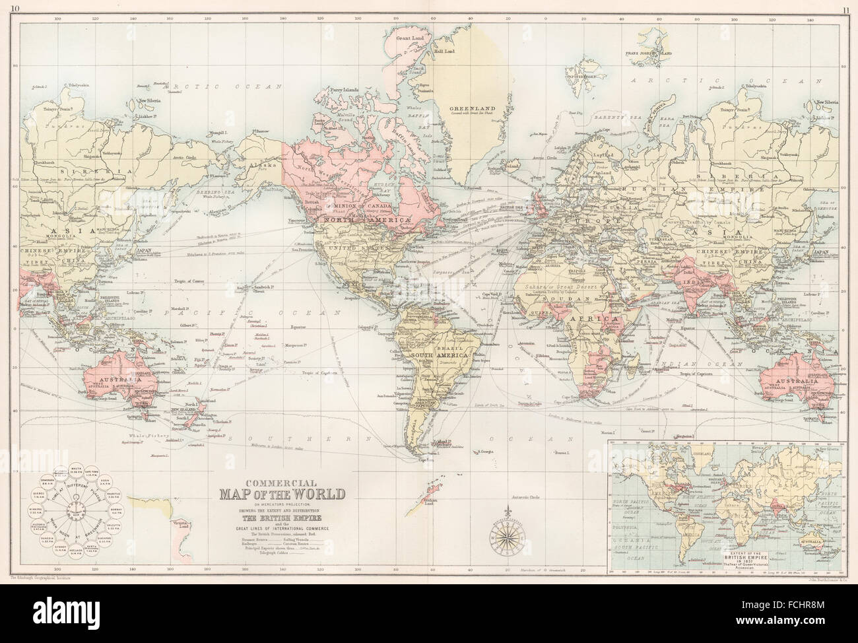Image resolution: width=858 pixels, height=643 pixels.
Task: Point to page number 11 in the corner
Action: pyautogui.click(x=845, y=8)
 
